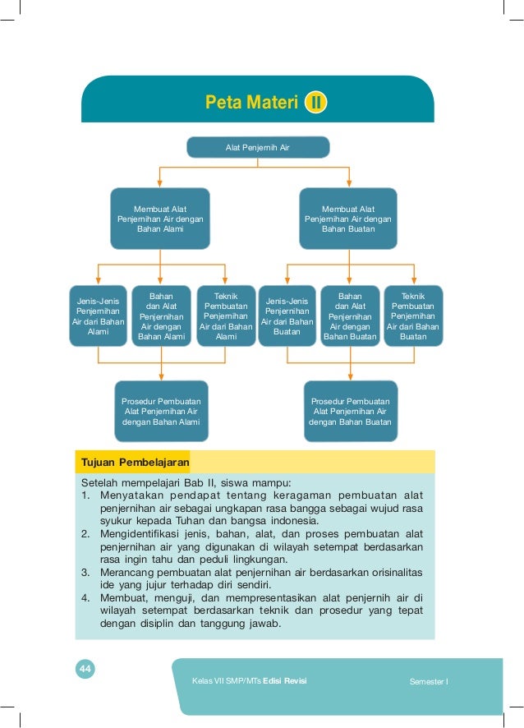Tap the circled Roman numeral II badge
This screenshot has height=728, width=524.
(x=316, y=104)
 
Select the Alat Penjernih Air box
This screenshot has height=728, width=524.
(x=258, y=148)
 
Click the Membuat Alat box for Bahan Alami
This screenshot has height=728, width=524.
(x=160, y=219)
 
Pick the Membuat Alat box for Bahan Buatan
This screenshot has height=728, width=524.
(x=348, y=219)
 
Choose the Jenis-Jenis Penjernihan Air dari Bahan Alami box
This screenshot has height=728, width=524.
(x=98, y=316)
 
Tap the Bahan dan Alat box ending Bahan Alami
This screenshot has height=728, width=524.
(x=161, y=316)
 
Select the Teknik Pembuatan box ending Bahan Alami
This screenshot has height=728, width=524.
(x=226, y=316)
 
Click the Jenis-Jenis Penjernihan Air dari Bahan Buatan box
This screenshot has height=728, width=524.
(x=287, y=316)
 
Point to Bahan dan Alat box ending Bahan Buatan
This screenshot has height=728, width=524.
(x=350, y=316)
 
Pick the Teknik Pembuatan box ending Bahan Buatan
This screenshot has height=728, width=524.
(x=413, y=316)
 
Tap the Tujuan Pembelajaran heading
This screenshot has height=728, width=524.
(x=132, y=461)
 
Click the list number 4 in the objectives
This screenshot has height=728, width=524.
(x=85, y=597)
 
